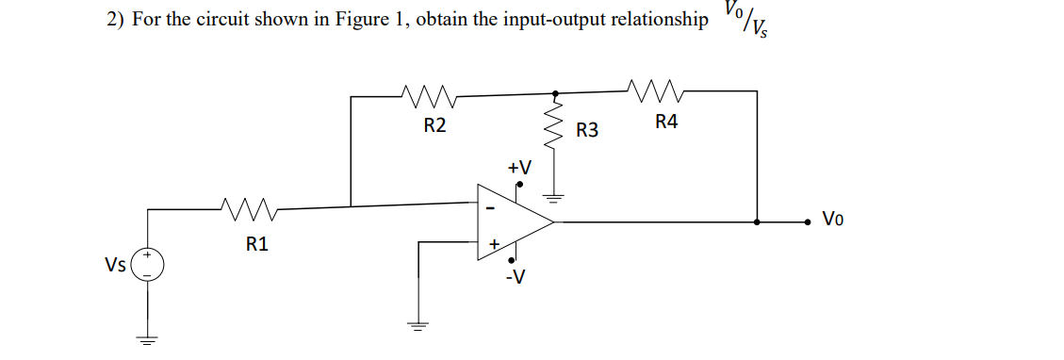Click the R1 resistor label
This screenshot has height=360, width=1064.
pos(256,244)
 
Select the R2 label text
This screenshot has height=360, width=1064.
pos(434,126)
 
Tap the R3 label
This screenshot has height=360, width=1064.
pos(587,130)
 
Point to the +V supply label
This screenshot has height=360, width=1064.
pos(518,167)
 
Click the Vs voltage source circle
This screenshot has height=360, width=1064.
pos(147,265)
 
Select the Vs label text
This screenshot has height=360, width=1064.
pos(117,265)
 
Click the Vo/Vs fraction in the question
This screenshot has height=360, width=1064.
pos(744,20)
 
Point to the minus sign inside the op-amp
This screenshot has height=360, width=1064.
pos(489,205)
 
